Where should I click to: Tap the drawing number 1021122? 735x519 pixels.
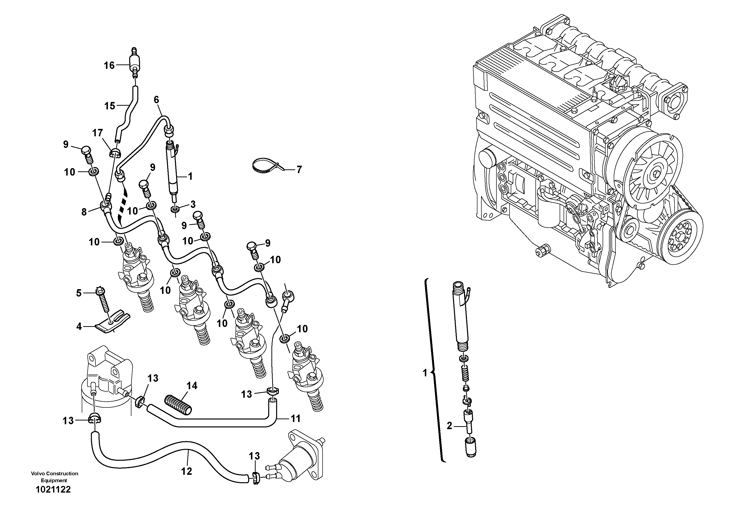click(53, 490)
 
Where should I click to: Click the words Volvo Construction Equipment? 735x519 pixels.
click(54, 477)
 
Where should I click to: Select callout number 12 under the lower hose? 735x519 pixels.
click(187, 471)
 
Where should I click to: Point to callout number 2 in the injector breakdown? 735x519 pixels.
click(449, 426)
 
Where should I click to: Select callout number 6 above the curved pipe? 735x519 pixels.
click(156, 100)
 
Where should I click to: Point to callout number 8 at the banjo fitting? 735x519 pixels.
click(84, 212)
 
